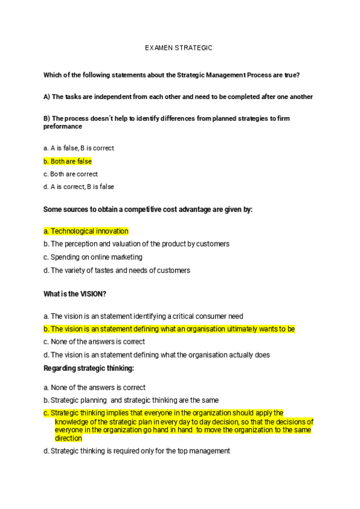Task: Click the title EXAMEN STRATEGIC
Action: pos(179,47)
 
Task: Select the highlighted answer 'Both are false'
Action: pos(68,161)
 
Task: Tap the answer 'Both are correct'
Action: pos(71,174)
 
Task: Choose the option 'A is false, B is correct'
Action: pos(79,148)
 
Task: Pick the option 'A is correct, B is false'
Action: pos(79,187)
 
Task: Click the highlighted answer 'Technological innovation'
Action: pos(86,231)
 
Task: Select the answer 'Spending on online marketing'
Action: pos(93,257)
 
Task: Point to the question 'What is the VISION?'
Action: pos(75,294)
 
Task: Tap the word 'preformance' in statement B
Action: pos(62,127)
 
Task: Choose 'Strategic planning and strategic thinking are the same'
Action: pos(131,400)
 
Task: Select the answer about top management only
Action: pos(137,451)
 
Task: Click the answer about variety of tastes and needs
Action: pos(117,270)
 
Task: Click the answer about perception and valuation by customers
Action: pos(136,244)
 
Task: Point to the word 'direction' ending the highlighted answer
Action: pos(68,438)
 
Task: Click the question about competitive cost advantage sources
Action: pos(148,209)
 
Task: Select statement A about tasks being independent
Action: pos(178,97)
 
